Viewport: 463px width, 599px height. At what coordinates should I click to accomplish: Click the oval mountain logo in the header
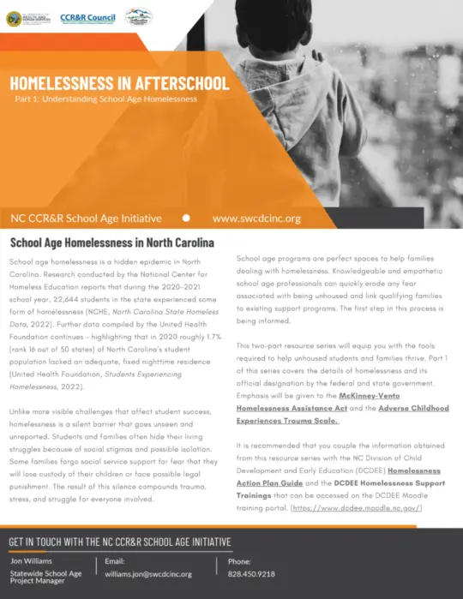coord(139,16)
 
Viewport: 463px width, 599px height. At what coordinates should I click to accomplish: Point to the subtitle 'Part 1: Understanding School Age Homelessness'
coord(106,99)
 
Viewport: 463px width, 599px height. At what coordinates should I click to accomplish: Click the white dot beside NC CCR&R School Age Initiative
coord(186,219)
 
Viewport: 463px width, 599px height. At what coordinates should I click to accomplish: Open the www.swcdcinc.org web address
coord(256,219)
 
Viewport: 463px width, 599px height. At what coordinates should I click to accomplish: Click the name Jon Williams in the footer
coord(33,561)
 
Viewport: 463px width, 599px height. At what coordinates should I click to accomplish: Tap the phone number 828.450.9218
coord(251,574)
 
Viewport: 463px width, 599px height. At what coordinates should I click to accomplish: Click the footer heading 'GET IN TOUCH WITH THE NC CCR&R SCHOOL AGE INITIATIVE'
coord(120,542)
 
